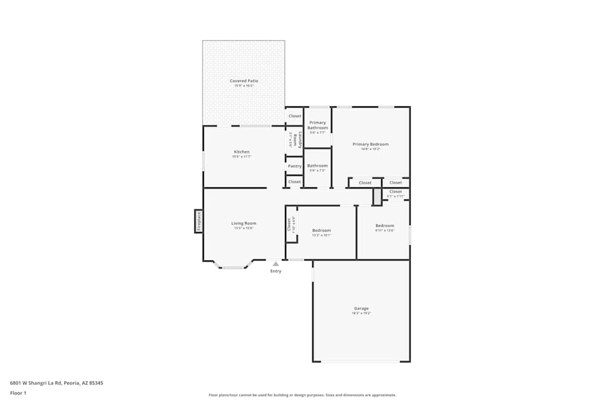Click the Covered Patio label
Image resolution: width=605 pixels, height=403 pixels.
[244, 81]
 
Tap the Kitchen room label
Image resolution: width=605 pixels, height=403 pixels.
[241, 152]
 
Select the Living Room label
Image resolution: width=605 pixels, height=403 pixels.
[243, 224]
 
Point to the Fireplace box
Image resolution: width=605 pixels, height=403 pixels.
[198, 221]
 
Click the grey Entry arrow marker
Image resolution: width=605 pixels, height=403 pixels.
[276, 263]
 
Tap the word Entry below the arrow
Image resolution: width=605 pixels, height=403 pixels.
[276, 271]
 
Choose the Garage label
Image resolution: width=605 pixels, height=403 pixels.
[361, 309]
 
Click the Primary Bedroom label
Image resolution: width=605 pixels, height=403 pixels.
[370, 144]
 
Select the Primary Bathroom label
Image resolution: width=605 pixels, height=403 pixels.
[318, 125]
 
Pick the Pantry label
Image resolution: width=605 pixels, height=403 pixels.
[295, 166]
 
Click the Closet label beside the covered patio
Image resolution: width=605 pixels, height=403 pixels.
[295, 116]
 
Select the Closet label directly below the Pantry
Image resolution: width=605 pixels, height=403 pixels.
[295, 182]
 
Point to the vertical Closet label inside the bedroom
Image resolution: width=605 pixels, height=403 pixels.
[289, 224]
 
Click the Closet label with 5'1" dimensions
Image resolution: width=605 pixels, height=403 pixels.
[395, 192]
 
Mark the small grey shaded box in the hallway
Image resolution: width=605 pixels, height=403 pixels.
[377, 197]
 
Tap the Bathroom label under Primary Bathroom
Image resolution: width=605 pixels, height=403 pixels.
[318, 166]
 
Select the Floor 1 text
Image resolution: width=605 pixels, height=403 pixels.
[18, 393]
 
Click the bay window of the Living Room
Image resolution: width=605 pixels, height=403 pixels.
[233, 266]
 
